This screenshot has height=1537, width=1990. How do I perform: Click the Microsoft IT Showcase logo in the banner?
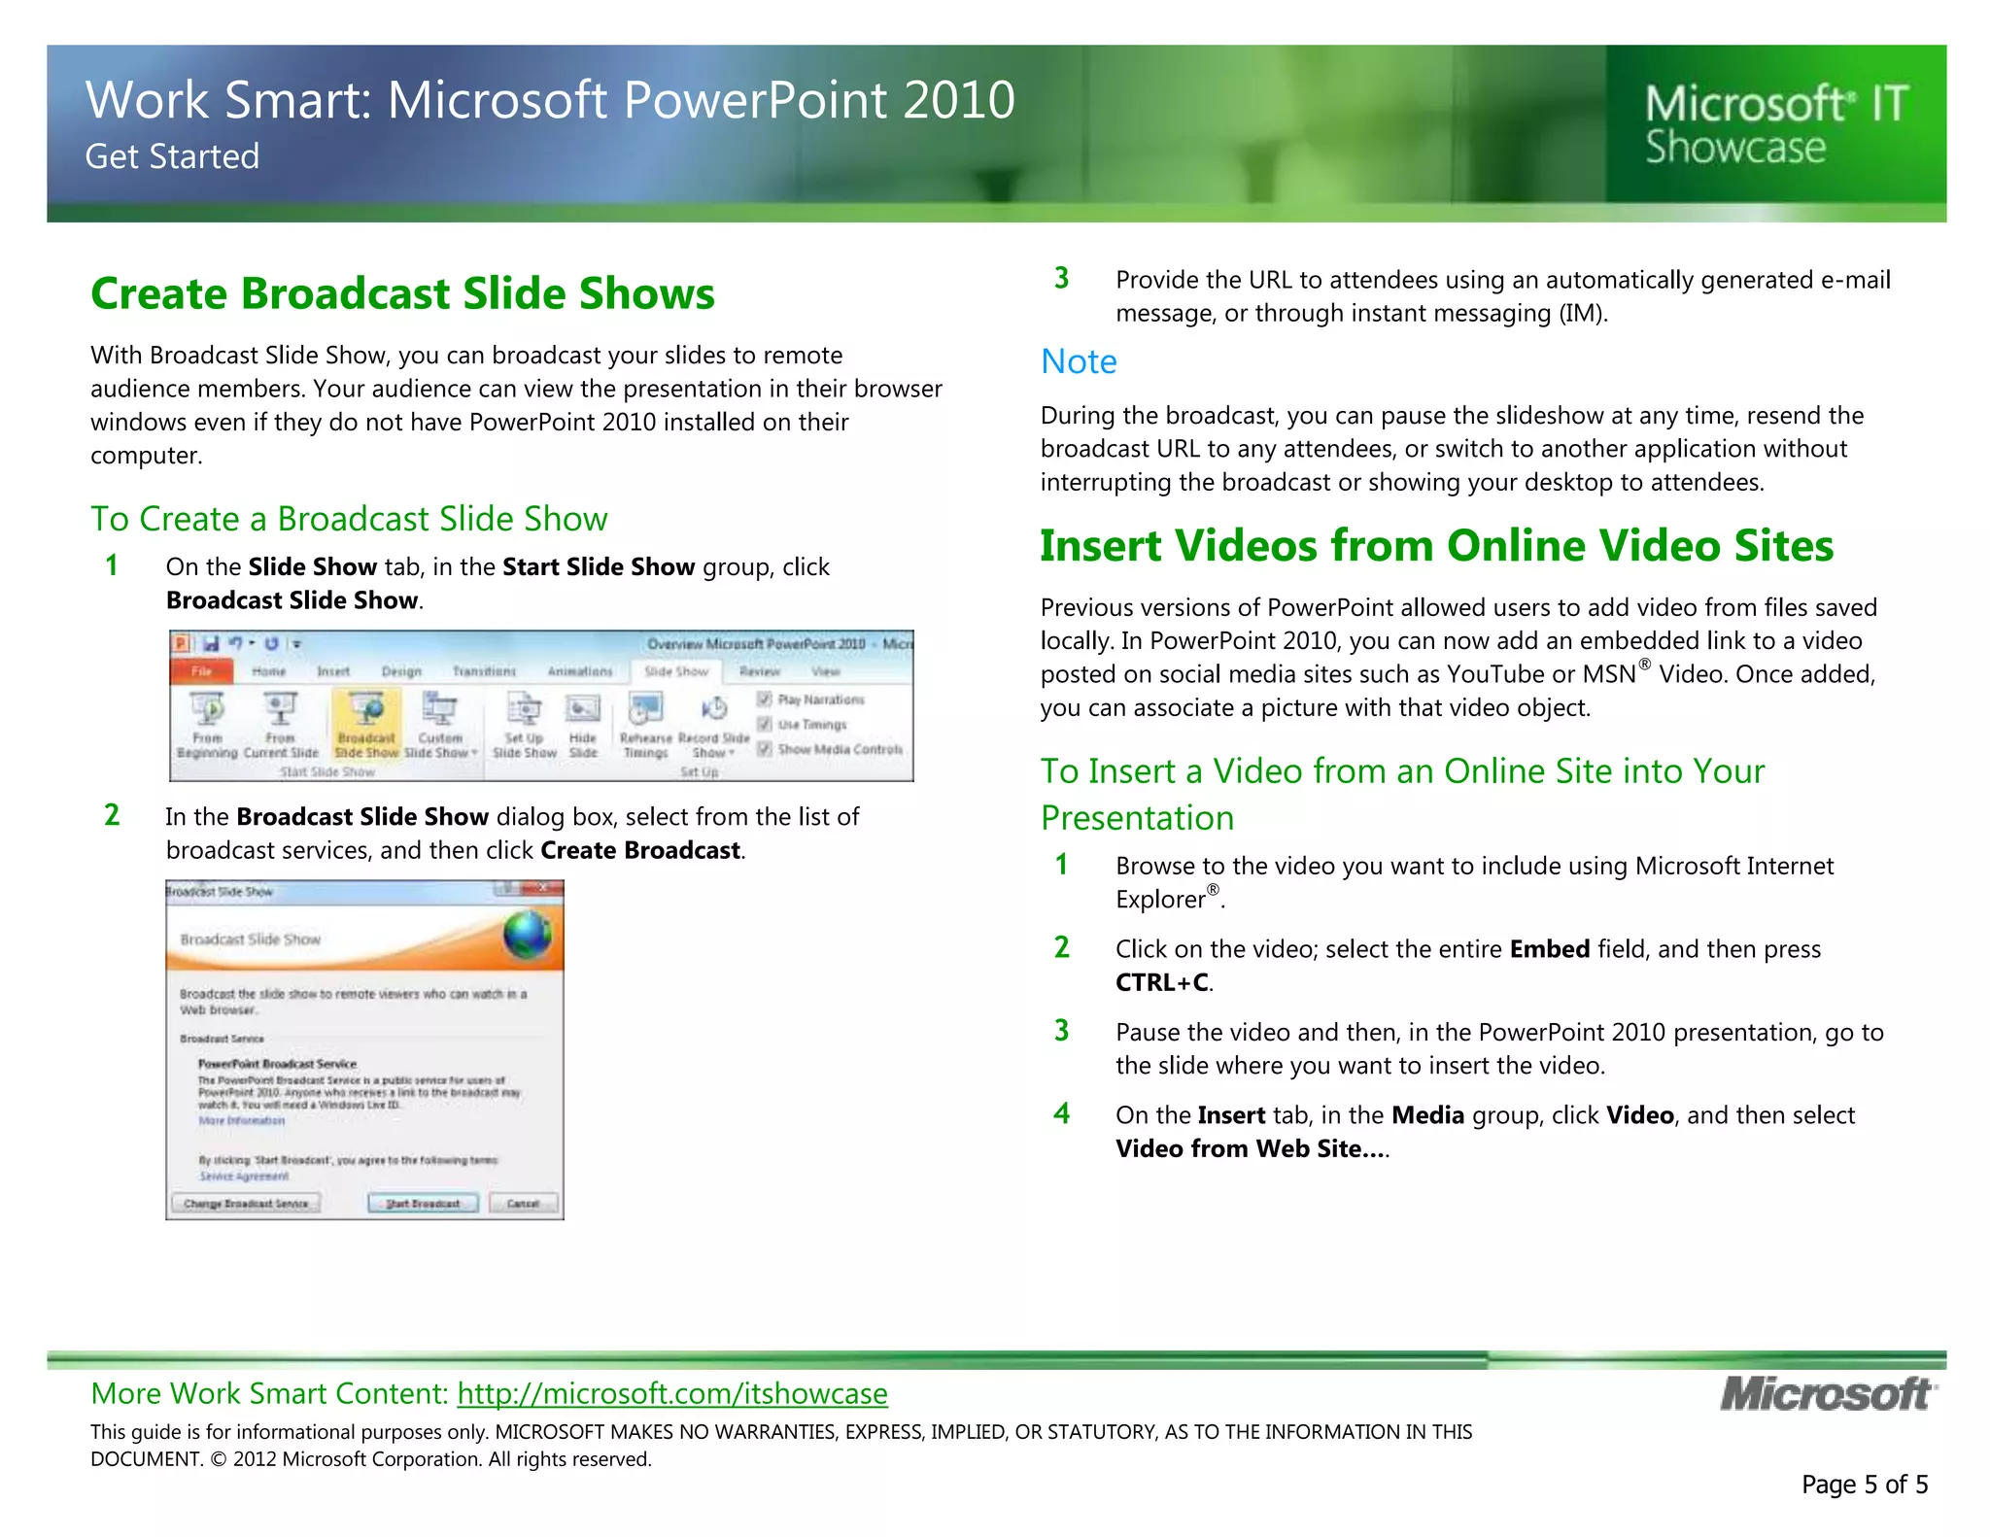point(1775,125)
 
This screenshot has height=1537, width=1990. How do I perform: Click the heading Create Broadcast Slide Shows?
point(402,293)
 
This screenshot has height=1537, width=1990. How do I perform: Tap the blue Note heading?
point(1079,361)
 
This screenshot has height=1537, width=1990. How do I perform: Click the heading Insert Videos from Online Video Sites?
point(1436,545)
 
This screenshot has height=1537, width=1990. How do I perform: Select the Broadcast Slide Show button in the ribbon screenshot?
point(366,725)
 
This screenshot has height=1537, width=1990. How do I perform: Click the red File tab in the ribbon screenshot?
point(201,671)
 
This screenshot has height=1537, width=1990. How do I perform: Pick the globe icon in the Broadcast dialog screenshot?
point(528,935)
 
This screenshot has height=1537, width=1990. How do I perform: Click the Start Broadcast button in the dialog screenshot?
point(423,1203)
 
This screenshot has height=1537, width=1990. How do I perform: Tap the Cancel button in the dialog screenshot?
point(523,1203)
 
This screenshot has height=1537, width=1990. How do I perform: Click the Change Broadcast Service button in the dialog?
point(246,1203)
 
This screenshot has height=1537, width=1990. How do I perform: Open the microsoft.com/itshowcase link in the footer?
point(671,1393)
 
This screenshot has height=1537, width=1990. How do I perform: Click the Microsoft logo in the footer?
point(1828,1394)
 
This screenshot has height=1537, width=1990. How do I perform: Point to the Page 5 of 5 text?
point(1864,1485)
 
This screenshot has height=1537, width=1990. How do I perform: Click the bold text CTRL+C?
point(1161,982)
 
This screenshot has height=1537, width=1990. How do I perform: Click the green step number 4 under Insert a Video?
point(1062,1113)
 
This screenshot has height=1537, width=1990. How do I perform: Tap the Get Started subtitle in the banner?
point(172,156)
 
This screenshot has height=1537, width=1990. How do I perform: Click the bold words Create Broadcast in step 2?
point(640,850)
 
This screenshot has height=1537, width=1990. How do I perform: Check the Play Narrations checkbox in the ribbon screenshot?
point(765,699)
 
